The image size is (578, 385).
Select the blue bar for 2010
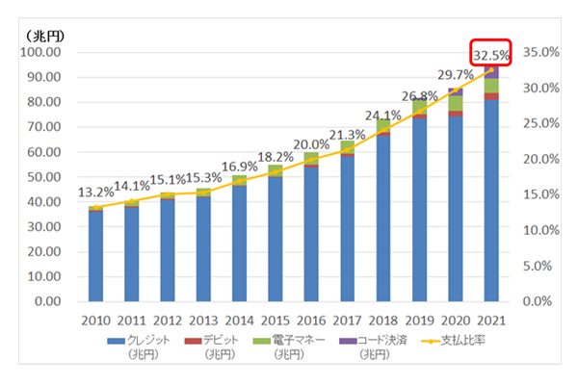(x=95, y=255)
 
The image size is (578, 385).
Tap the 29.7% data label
(x=455, y=73)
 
